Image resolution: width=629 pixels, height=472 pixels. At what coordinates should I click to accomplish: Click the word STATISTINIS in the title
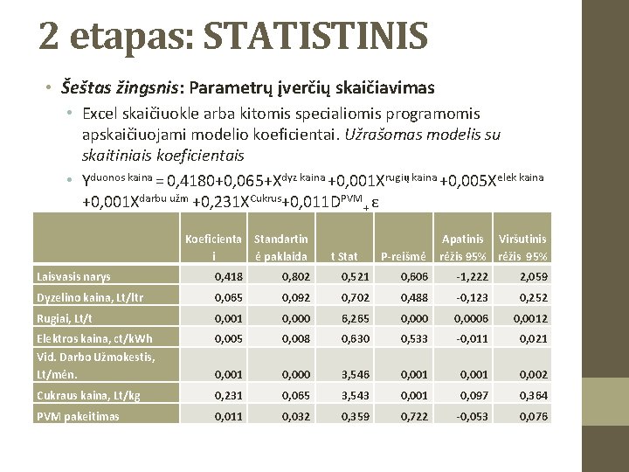pos(315,37)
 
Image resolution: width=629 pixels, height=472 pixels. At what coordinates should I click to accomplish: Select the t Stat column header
pos(345,256)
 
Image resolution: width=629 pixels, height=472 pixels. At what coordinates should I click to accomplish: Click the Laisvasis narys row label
pos(73,276)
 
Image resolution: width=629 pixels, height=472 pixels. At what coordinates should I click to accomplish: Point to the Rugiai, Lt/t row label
pos(65,318)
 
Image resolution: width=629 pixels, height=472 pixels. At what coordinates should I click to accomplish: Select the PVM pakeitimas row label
pos(78,416)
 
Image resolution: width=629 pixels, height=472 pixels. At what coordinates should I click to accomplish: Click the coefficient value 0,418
pos(229,276)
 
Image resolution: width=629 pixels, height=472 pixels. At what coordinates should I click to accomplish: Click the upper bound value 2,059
pos(534,276)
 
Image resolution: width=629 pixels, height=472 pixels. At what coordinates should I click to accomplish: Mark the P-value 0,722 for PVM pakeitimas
pos(414,416)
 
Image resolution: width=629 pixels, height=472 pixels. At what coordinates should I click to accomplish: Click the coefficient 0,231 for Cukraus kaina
pos(229,395)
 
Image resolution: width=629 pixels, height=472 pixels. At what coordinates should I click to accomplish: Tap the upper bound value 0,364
pos(534,395)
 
